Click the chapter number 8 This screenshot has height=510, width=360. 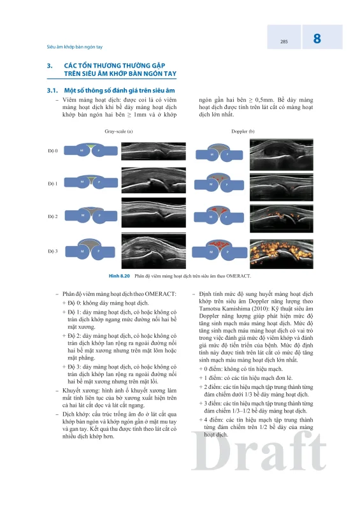317,38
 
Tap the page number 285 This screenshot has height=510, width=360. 284,41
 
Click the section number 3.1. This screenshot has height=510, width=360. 52,91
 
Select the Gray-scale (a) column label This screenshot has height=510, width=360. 119,131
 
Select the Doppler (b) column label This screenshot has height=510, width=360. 243,131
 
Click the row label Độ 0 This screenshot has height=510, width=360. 53,151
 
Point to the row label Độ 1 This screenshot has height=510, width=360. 53,184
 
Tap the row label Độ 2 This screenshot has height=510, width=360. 53,217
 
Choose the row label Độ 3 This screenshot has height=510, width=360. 53,251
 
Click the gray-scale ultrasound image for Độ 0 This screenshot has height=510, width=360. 154,151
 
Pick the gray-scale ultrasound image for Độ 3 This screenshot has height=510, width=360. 154,251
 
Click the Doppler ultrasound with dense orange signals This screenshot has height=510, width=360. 281,254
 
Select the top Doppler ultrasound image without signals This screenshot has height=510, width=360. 281,155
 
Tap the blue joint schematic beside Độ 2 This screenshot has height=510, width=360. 91,215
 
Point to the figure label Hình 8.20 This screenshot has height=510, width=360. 119,276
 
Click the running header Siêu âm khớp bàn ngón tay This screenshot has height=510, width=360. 75,47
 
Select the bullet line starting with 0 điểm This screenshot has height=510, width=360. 241,369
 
